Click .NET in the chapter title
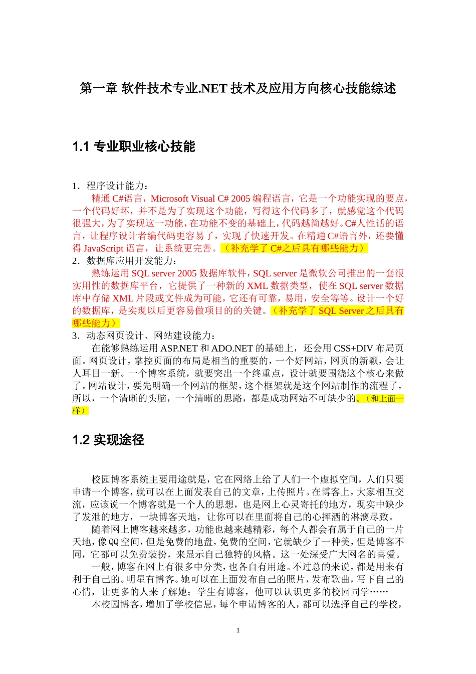(x=213, y=89)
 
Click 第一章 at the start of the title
(x=99, y=89)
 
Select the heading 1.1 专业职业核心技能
(x=134, y=146)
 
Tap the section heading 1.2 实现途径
(x=108, y=440)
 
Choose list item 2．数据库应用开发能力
(x=124, y=261)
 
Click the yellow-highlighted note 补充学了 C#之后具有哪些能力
(x=294, y=248)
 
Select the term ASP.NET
(x=179, y=348)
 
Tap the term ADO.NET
(x=232, y=348)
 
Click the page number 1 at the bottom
(x=238, y=630)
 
